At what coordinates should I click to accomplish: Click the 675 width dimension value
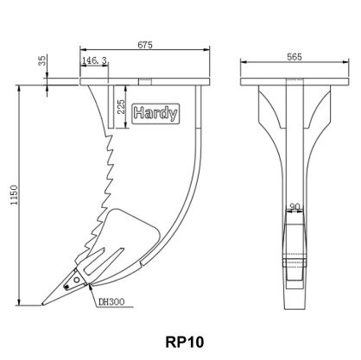coord(145,45)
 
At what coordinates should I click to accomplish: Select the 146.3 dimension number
coord(94,60)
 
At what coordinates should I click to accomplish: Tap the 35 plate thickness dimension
coord(42,60)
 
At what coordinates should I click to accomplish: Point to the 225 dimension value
coord(122,107)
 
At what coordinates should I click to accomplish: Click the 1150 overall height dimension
coord(14,195)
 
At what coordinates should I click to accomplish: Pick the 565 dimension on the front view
coord(294,57)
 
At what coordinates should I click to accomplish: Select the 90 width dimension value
coord(294,206)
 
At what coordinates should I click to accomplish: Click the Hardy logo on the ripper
coord(155,114)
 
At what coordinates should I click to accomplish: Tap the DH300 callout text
coord(111,302)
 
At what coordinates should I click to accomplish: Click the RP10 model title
coord(185,342)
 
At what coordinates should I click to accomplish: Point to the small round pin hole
coord(77,280)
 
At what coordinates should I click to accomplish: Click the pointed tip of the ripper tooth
coord(42,304)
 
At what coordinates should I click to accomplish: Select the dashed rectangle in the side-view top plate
coord(145,82)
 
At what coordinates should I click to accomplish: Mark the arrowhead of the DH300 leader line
coord(91,287)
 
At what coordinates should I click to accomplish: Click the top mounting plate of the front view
coord(294,82)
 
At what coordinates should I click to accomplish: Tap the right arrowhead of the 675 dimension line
coord(206,50)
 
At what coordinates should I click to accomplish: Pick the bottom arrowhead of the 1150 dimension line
coord(19,302)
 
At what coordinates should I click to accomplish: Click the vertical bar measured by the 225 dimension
coord(111,107)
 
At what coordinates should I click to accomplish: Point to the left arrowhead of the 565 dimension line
coord(244,61)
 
